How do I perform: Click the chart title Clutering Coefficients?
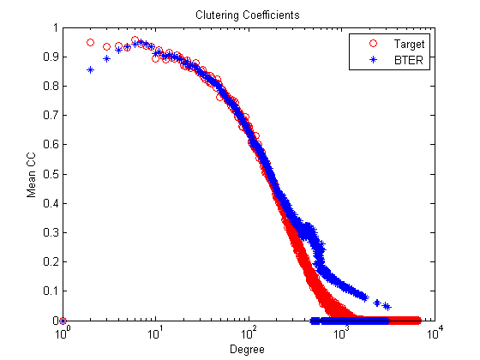click(248, 15)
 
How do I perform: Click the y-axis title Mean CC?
click(31, 175)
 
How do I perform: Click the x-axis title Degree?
click(247, 350)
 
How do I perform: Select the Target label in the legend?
click(409, 45)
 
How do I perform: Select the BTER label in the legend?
click(409, 60)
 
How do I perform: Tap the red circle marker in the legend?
click(373, 44)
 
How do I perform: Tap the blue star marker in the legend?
click(373, 60)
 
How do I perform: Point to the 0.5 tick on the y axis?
click(51, 174)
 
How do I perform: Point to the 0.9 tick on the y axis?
click(51, 57)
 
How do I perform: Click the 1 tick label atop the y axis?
click(56, 27)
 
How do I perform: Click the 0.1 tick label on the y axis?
click(51, 291)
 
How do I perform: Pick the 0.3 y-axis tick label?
click(51, 232)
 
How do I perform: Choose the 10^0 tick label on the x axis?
click(63, 333)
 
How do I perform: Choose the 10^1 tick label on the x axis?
click(156, 333)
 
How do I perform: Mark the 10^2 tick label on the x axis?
click(249, 333)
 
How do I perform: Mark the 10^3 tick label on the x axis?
click(342, 333)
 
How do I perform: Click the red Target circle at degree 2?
click(90, 43)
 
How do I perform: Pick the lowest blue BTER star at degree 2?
click(90, 69)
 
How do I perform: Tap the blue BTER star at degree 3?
click(106, 58)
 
